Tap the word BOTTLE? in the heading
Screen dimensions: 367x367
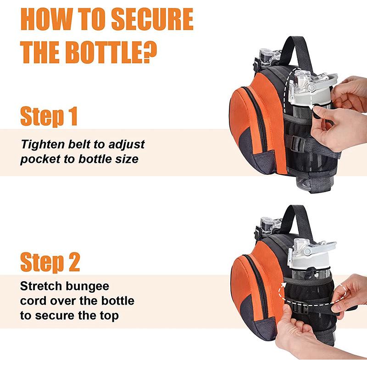pos(111,52)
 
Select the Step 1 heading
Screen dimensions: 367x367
pos(49,117)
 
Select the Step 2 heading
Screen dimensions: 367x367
pos(50,262)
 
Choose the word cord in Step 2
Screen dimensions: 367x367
pos(33,301)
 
